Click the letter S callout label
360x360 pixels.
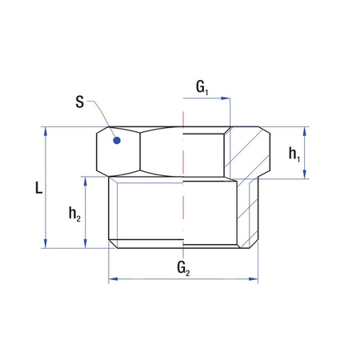(80, 102)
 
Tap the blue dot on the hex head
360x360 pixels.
(117, 141)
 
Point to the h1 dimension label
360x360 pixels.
(294, 153)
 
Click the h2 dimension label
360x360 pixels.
(74, 214)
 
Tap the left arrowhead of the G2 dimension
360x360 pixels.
(113, 279)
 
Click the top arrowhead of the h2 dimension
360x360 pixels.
(84, 182)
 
